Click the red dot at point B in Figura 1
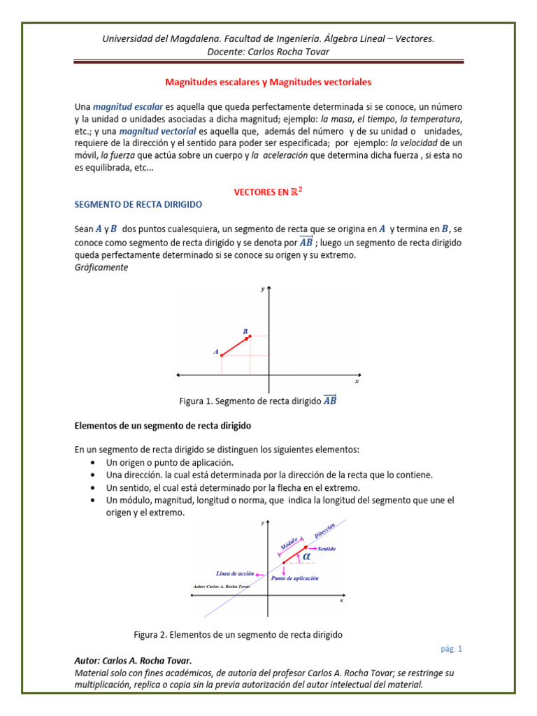249,336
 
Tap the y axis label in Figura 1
262,288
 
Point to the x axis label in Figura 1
357,382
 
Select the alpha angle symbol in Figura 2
307,557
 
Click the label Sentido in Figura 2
327,549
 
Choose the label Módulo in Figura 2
290,543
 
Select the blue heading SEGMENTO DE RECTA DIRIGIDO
138,204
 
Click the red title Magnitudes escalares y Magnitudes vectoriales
268,82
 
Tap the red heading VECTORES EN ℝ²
268,192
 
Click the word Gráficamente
101,267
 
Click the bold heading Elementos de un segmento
162,425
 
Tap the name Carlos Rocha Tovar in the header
285,52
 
